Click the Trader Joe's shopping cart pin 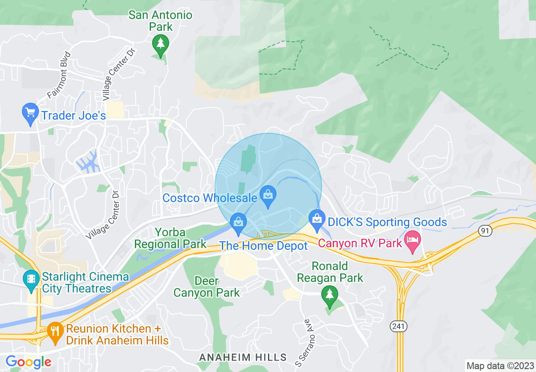(x=30, y=113)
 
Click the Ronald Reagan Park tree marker (x=329, y=295)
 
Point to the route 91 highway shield (x=484, y=231)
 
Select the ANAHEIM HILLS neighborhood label (x=243, y=358)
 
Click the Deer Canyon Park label (x=207, y=287)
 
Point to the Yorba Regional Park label (x=170, y=238)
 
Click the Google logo (x=28, y=362)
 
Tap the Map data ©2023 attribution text (x=500, y=366)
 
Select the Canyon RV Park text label (x=360, y=243)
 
